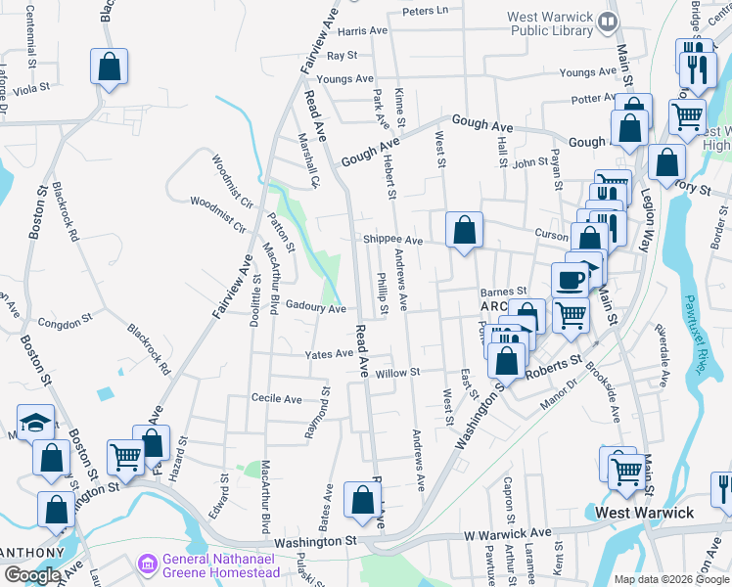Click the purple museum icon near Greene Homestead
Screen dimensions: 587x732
click(147, 564)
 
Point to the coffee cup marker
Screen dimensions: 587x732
click(570, 280)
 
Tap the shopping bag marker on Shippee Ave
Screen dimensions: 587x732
click(465, 231)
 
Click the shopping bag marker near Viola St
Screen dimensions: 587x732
click(110, 67)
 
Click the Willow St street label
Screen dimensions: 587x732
click(397, 373)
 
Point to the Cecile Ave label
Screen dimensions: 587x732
click(277, 399)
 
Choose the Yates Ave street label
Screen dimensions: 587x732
click(329, 354)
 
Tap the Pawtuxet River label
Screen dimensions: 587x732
click(696, 333)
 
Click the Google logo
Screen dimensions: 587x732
click(32, 575)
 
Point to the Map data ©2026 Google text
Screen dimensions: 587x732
click(670, 579)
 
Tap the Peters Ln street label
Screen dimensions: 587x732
click(425, 11)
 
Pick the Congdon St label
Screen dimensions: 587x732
click(65, 320)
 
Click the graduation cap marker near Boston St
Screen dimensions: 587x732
click(36, 424)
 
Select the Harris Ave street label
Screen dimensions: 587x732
click(364, 31)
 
